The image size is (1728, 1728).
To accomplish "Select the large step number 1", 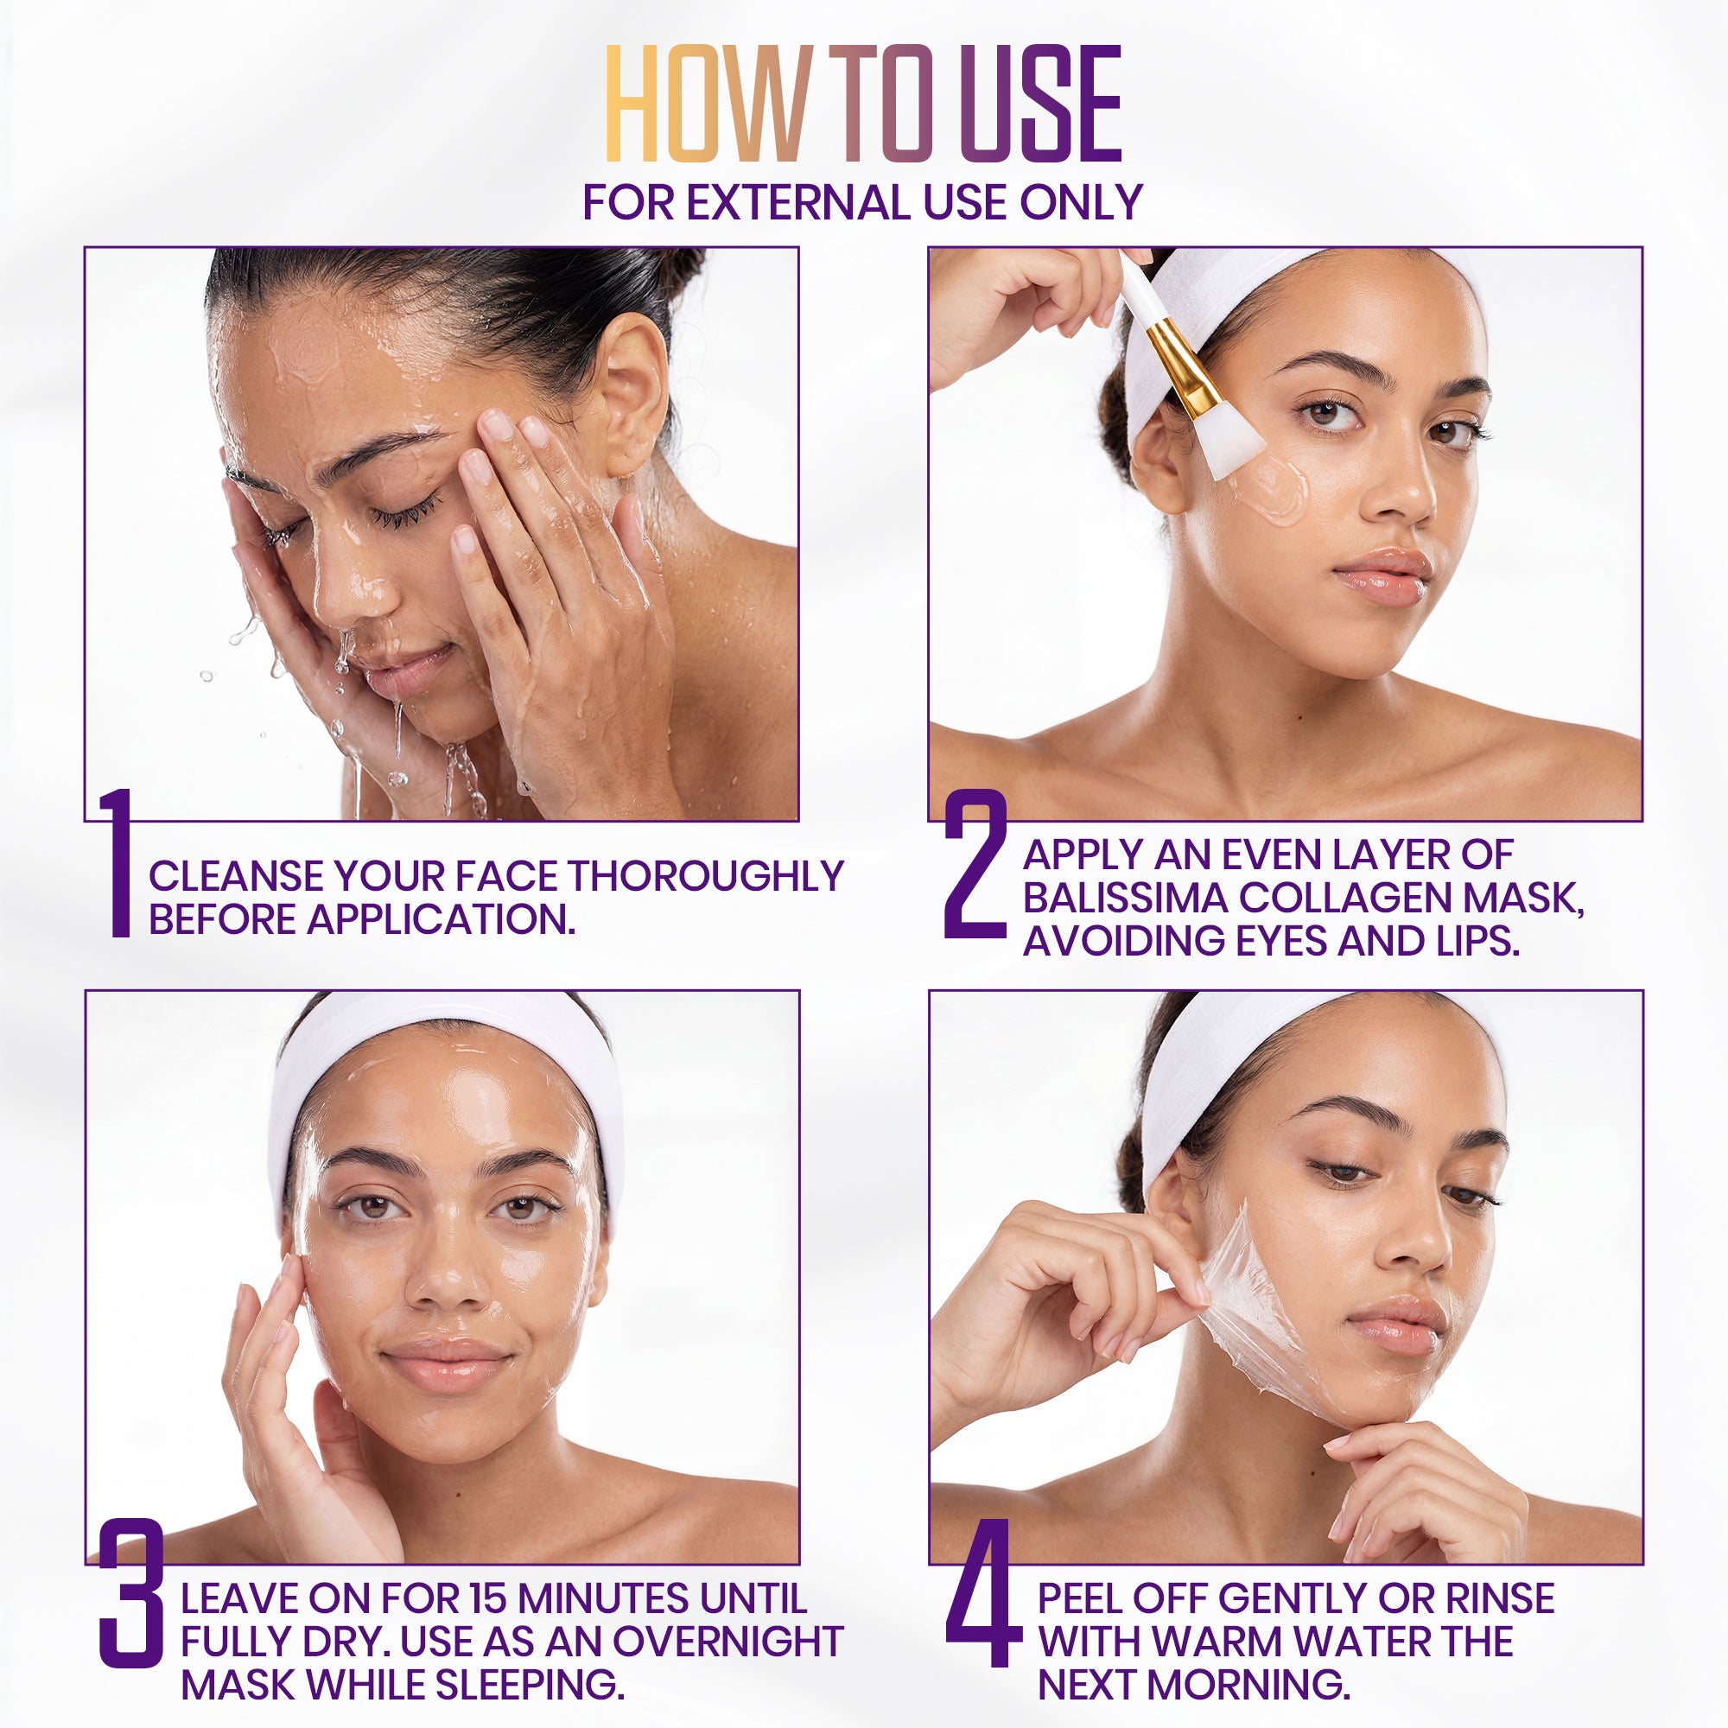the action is point(118,863).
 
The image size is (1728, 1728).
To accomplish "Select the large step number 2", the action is point(975,863).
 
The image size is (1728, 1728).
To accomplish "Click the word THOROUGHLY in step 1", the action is point(706,876).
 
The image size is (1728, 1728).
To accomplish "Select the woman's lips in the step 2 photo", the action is point(1382,577).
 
